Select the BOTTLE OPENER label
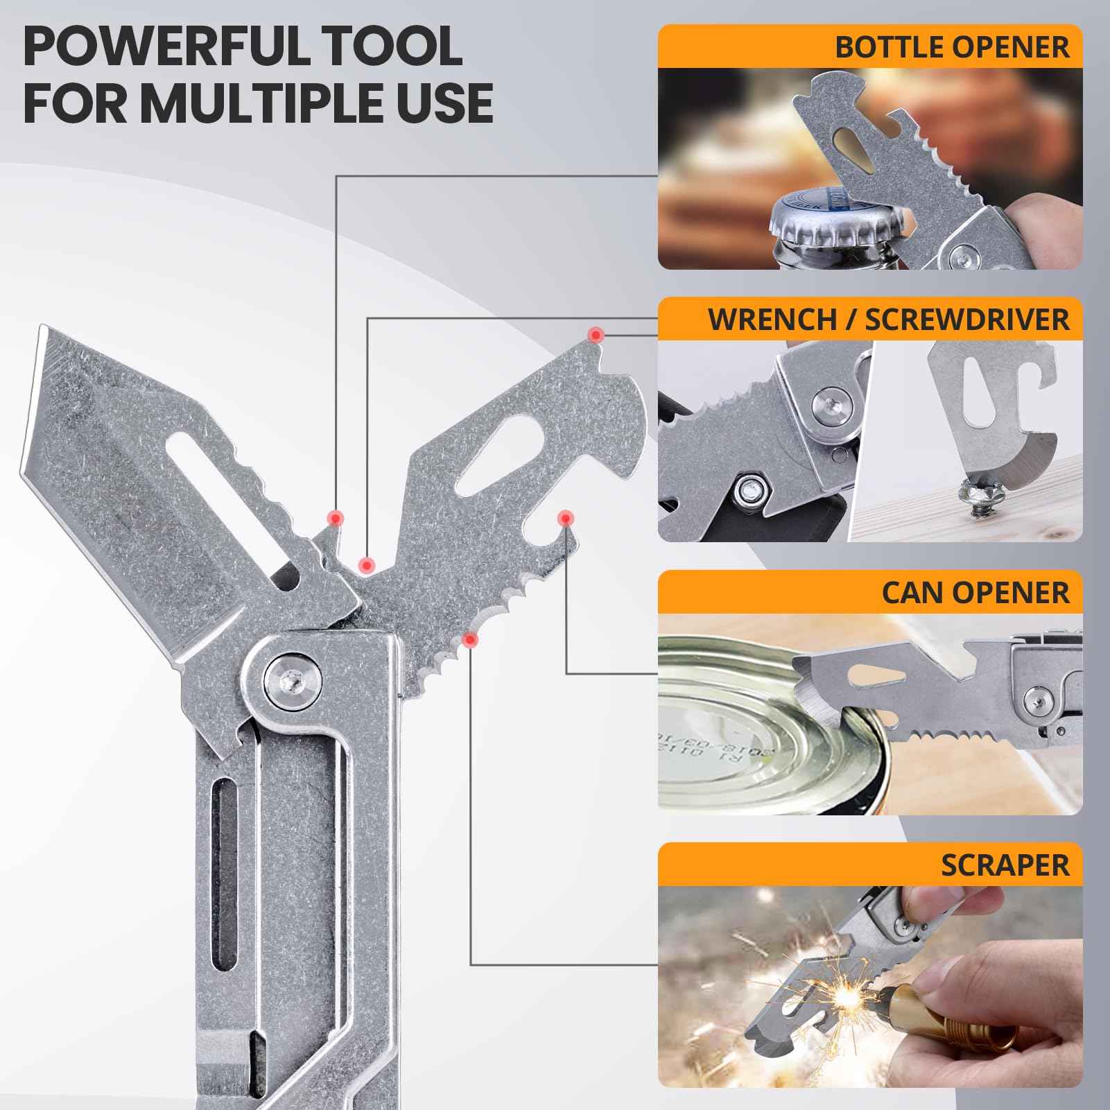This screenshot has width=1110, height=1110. coord(952,47)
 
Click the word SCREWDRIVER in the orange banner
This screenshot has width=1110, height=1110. coord(967,320)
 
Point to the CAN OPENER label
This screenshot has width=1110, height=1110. coord(975,593)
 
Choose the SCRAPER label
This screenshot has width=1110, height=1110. coord(1005,865)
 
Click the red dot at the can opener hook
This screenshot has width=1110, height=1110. coord(566,518)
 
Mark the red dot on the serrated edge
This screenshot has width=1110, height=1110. coord(471,639)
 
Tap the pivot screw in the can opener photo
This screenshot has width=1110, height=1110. coord(1039,698)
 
